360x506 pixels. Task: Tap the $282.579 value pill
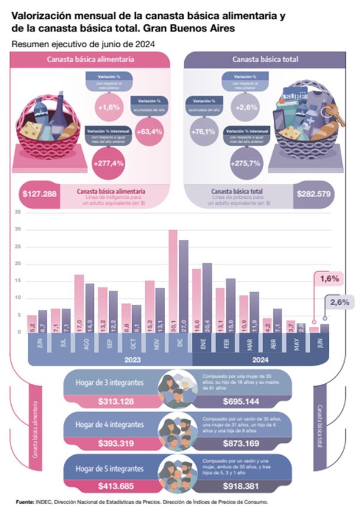point(314,194)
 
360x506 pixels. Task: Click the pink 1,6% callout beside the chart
point(329,278)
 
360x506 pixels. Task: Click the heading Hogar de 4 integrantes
point(110,424)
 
